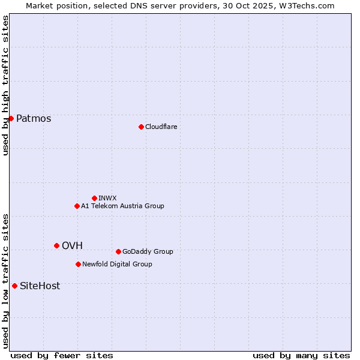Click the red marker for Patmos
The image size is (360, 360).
point(11,118)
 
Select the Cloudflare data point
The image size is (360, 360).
point(141,127)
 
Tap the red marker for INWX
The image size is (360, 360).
point(94,198)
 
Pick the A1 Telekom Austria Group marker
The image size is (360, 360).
point(77,206)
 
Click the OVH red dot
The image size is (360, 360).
point(56,245)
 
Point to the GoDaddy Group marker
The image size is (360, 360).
point(118,251)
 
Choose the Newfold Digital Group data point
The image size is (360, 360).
point(78,264)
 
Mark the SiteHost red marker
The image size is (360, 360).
point(14,286)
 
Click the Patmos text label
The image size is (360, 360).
point(34,118)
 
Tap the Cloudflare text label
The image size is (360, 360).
point(161,127)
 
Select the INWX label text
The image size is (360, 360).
point(107,198)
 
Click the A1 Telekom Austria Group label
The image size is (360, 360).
point(122,206)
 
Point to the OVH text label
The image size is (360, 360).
point(72,245)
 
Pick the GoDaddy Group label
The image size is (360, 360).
point(148,251)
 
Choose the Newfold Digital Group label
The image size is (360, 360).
point(117,264)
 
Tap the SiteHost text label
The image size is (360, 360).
point(40,286)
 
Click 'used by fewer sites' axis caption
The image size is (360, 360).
point(62,355)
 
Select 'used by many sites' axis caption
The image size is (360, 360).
point(301,355)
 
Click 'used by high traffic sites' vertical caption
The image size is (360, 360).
point(5,85)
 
